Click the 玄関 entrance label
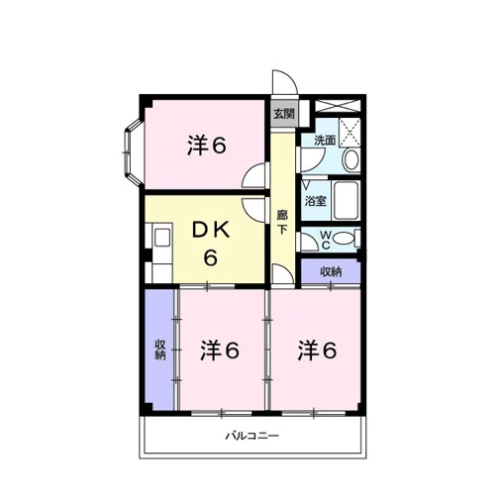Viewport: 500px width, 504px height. (284, 114)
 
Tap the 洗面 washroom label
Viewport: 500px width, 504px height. (325, 141)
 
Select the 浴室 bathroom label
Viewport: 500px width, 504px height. (316, 200)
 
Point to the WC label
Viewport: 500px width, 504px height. (326, 240)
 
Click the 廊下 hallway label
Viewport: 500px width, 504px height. (282, 222)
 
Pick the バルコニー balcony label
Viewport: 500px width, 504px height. (251, 436)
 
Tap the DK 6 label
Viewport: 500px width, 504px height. (211, 244)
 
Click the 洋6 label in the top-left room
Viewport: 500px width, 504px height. (207, 145)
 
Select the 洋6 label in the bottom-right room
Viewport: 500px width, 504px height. (317, 350)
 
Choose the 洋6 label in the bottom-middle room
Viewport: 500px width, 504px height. (220, 350)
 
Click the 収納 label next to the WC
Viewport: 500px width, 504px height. (331, 271)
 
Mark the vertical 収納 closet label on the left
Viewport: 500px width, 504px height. (160, 350)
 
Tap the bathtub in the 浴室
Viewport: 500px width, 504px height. (346, 200)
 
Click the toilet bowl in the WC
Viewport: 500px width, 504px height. (344, 239)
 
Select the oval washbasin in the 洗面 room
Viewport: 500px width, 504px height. (351, 159)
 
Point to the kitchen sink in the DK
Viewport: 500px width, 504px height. (162, 237)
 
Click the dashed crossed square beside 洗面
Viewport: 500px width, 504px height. (350, 132)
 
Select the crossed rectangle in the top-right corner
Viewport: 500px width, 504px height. (337, 106)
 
